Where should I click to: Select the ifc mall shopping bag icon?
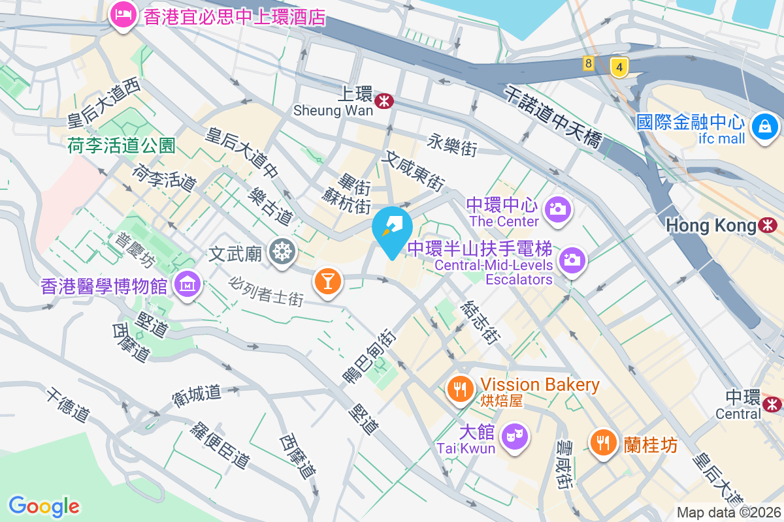(762, 125)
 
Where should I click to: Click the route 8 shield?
(589, 64)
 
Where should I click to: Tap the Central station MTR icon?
(773, 404)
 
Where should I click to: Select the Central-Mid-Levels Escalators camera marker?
(572, 260)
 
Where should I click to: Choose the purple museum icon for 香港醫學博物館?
(188, 284)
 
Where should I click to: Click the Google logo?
(44, 506)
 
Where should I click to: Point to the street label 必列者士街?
(267, 292)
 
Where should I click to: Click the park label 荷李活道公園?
(122, 146)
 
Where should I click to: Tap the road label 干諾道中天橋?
(553, 118)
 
